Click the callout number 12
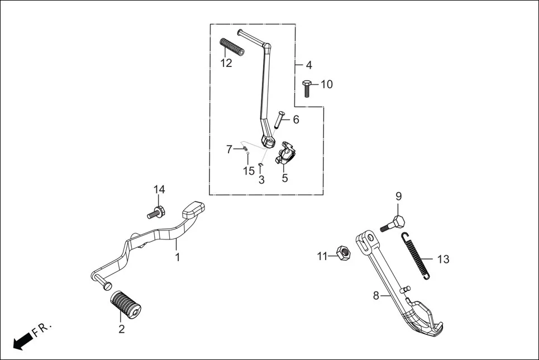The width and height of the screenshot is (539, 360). (226, 63)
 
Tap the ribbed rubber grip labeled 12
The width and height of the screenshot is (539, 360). (232, 47)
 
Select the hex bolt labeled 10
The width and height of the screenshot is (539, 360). (307, 88)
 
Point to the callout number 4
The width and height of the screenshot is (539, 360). (309, 65)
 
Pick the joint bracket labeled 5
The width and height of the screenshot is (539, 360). (285, 153)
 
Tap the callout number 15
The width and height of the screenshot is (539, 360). (249, 171)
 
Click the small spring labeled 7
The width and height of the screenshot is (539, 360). (244, 149)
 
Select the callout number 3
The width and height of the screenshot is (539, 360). (261, 180)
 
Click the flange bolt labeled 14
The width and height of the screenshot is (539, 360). (155, 213)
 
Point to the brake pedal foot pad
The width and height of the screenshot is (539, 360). (193, 209)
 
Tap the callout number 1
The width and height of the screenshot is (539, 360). (178, 257)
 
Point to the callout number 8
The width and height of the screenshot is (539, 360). (376, 295)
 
